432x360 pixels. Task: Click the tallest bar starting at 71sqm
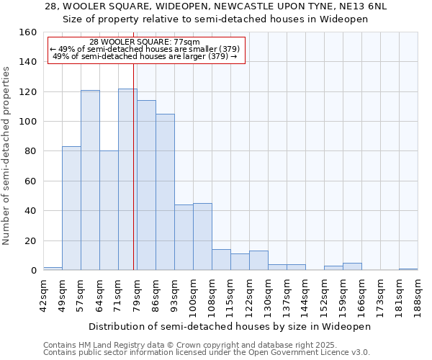[127, 180]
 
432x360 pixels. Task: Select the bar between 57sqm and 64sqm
[90, 180]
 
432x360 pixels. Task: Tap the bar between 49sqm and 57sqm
[71, 209]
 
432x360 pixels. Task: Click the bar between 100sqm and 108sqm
[202, 237]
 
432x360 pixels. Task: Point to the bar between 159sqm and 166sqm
[352, 267]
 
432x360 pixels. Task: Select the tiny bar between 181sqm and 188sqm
[408, 269]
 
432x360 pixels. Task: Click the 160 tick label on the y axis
[29, 32]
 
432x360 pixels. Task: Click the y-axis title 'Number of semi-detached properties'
[6, 151]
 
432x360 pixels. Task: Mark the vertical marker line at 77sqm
[134, 166]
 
